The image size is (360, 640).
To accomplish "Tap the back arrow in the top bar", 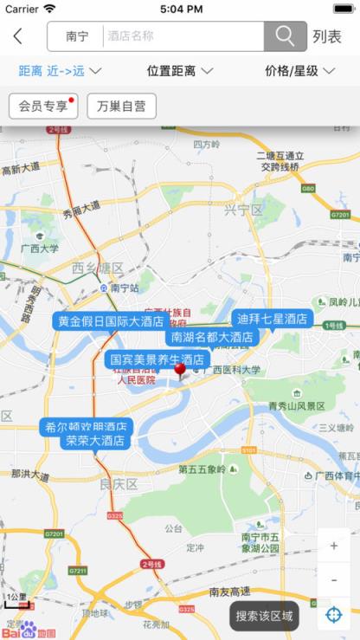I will pyautogui.click(x=18, y=36).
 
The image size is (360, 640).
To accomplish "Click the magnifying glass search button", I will pyautogui.click(x=285, y=36).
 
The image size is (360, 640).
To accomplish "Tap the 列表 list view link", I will pyautogui.click(x=327, y=36).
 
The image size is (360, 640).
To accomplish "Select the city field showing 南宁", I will pyautogui.click(x=77, y=36).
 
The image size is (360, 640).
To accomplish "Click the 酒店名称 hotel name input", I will pyautogui.click(x=183, y=36).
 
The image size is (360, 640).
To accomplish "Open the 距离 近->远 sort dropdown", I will pyautogui.click(x=60, y=71).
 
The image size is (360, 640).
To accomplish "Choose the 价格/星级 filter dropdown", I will pyautogui.click(x=299, y=71).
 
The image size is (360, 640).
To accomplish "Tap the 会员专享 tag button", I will pyautogui.click(x=43, y=106).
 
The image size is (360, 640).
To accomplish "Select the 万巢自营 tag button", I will pyautogui.click(x=121, y=106).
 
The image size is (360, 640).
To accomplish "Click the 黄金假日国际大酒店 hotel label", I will pyautogui.click(x=110, y=321).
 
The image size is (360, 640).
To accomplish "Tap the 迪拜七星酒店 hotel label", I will pyautogui.click(x=272, y=319).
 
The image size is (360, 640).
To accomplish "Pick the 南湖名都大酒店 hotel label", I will pyautogui.click(x=211, y=337).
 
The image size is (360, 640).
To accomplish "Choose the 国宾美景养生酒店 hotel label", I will pyautogui.click(x=157, y=359).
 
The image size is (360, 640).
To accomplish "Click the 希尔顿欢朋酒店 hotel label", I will pyautogui.click(x=86, y=426).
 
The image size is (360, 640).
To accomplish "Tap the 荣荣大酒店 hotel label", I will pyautogui.click(x=94, y=441).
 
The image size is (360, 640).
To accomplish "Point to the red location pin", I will pyautogui.click(x=180, y=371).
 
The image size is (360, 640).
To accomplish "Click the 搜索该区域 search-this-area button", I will pyautogui.click(x=264, y=617).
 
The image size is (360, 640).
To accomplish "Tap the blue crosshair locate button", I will pyautogui.click(x=334, y=615).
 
